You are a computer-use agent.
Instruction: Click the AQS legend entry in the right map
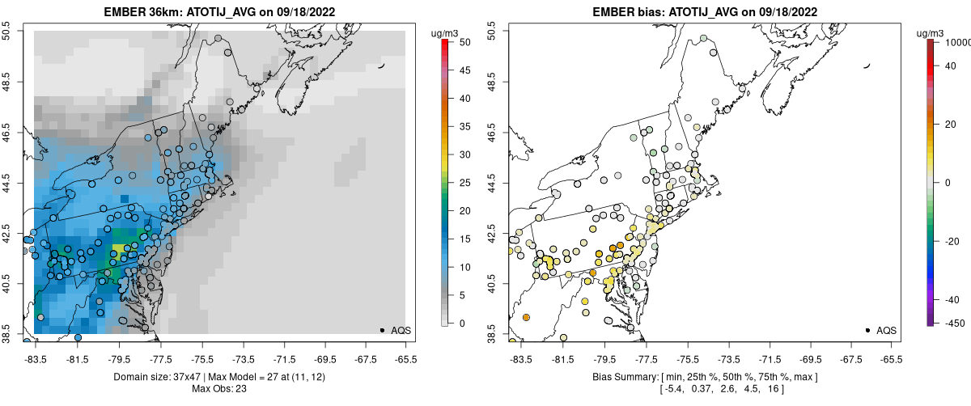click(x=885, y=330)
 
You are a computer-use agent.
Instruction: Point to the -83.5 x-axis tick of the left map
click(x=35, y=358)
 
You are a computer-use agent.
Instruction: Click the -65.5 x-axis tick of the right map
click(x=890, y=358)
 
